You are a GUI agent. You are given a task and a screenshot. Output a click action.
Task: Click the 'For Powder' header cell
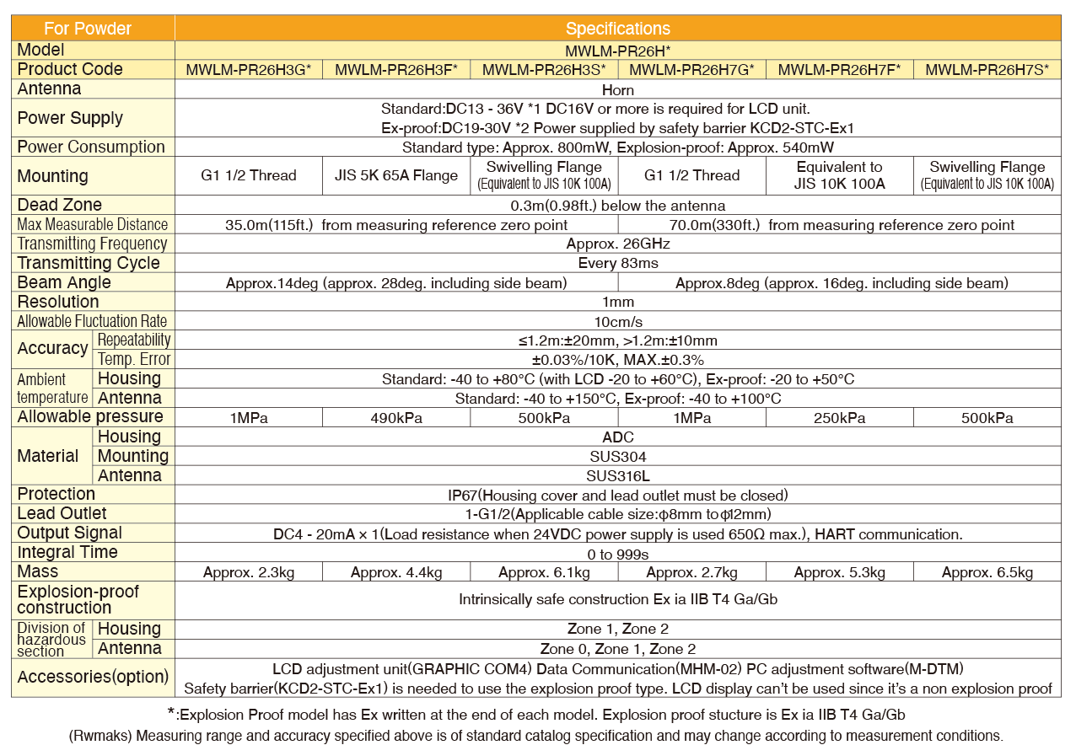tap(88, 29)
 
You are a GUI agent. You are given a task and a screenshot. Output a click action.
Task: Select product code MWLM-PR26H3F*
tap(396, 70)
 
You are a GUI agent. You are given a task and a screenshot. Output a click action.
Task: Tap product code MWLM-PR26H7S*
tap(987, 70)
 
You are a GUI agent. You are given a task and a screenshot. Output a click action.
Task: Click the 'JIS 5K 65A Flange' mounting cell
tap(396, 175)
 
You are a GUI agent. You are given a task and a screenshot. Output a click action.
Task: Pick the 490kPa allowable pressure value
tap(396, 418)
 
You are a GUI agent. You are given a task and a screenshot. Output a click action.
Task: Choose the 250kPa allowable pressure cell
tap(839, 418)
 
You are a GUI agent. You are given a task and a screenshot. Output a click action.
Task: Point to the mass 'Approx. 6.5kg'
tap(987, 573)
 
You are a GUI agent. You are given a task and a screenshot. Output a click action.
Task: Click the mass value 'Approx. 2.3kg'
tap(249, 573)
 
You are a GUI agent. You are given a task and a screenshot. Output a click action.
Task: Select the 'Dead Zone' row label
tap(59, 205)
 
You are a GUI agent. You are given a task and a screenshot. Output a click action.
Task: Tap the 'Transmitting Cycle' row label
tap(89, 263)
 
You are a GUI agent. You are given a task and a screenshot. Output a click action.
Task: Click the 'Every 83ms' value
tap(617, 263)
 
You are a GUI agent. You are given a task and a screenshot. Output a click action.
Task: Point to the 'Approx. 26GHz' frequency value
tap(617, 244)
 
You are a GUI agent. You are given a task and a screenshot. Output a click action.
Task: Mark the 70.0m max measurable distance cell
tap(839, 225)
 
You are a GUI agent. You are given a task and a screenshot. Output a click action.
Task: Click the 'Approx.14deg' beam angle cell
tap(396, 283)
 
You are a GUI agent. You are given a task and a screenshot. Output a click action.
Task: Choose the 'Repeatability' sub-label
tap(133, 340)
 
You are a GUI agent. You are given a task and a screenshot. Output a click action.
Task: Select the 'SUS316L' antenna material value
tap(617, 475)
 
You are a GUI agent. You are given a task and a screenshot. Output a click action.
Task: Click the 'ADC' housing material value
tap(617, 437)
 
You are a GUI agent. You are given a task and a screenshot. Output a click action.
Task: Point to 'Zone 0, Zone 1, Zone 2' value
tap(617, 649)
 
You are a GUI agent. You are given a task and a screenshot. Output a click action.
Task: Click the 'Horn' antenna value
tap(617, 89)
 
